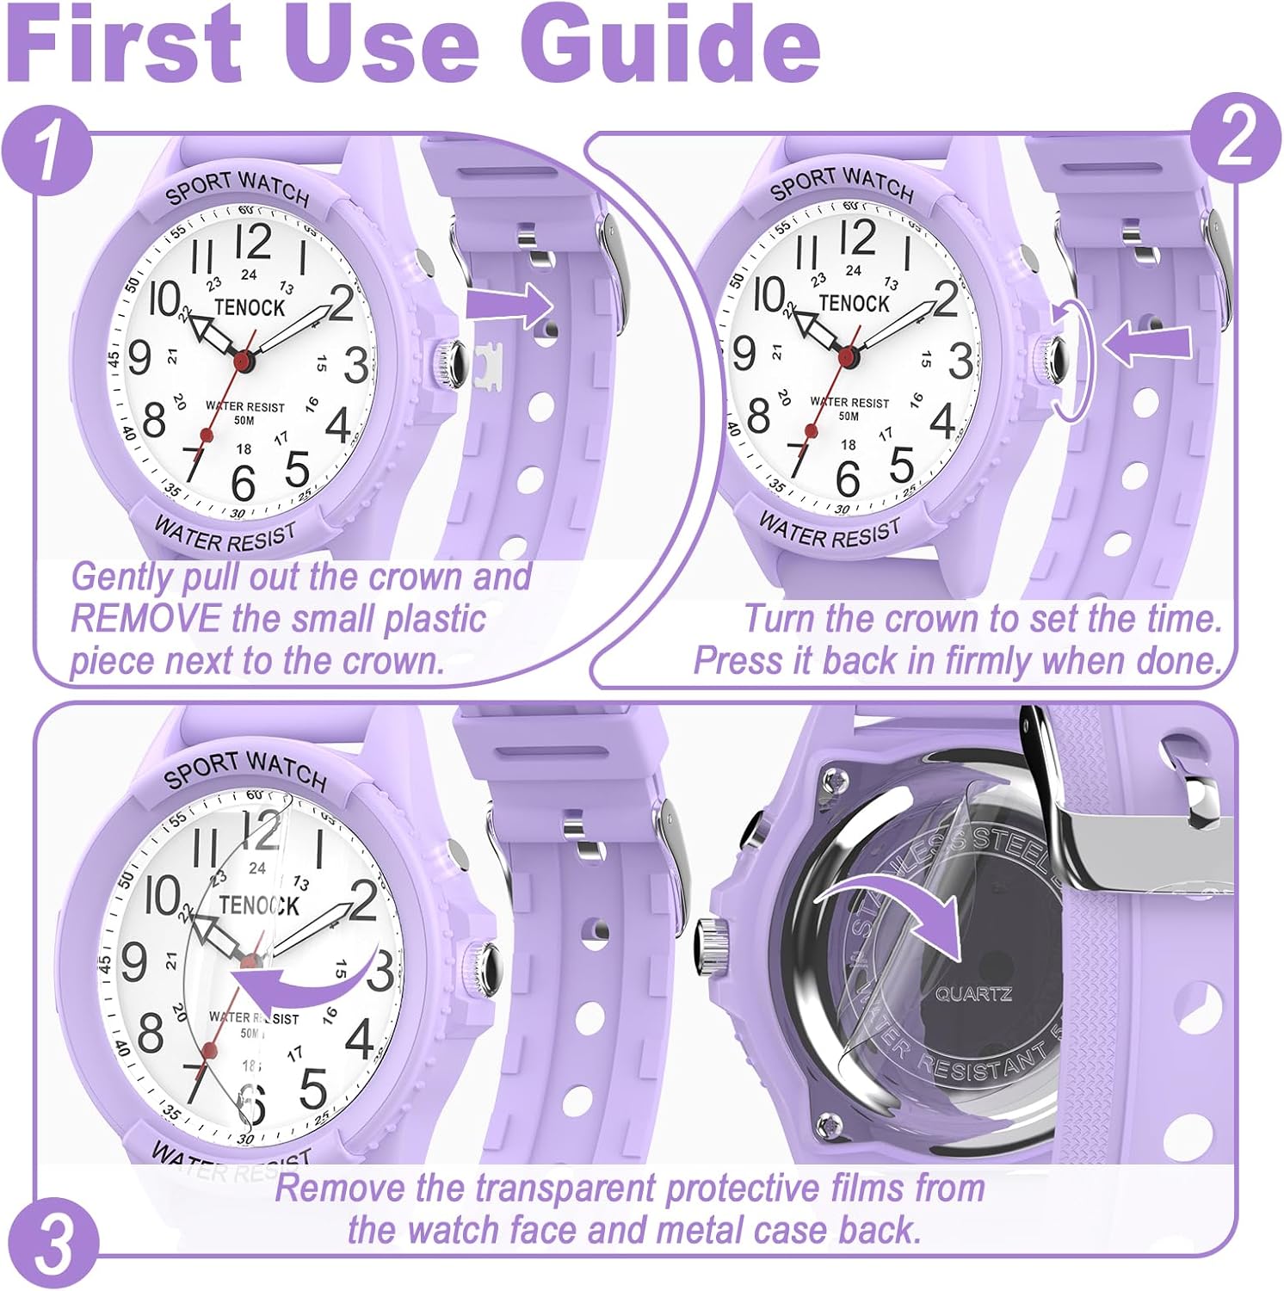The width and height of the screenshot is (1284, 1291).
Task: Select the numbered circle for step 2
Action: pyautogui.click(x=1235, y=141)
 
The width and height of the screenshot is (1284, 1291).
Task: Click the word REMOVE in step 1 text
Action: pyautogui.click(x=145, y=619)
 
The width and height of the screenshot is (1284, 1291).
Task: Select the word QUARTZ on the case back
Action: pyautogui.click(x=973, y=994)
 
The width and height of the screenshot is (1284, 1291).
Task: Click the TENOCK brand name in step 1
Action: pyautogui.click(x=250, y=307)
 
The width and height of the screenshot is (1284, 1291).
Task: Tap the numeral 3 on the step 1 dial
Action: pyautogui.click(x=355, y=365)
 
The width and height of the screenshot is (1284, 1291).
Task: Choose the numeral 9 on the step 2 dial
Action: pyautogui.click(x=744, y=354)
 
